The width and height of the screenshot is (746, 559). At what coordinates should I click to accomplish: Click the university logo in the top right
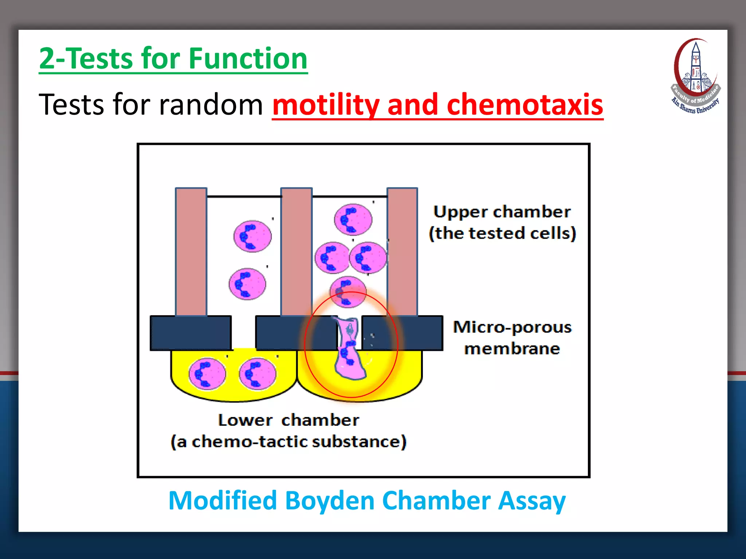click(x=695, y=76)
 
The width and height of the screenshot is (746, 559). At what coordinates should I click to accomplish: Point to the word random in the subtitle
click(x=211, y=105)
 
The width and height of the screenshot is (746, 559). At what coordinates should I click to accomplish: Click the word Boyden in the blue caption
click(x=330, y=501)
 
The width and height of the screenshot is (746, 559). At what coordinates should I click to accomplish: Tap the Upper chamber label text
click(x=502, y=212)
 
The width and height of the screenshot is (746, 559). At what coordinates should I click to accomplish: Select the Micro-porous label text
click(x=512, y=327)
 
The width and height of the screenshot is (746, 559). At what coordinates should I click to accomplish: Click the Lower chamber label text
click(x=288, y=420)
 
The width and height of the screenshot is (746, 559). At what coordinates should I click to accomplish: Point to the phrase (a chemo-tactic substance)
click(x=288, y=442)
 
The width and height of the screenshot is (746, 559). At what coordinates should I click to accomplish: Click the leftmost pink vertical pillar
click(x=191, y=251)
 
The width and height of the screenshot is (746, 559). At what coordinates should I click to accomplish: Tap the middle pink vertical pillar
click(x=297, y=251)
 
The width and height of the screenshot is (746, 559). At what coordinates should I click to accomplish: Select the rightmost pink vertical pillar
click(x=402, y=251)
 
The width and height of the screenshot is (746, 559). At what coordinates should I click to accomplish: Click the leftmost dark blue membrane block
click(x=191, y=333)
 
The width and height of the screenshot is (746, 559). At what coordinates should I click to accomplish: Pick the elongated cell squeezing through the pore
click(x=350, y=349)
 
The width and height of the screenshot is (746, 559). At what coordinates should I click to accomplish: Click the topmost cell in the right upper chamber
click(x=353, y=219)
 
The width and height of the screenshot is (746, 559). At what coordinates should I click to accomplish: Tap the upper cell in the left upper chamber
click(x=252, y=236)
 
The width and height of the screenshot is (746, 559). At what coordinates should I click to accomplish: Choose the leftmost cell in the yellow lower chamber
click(x=207, y=374)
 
